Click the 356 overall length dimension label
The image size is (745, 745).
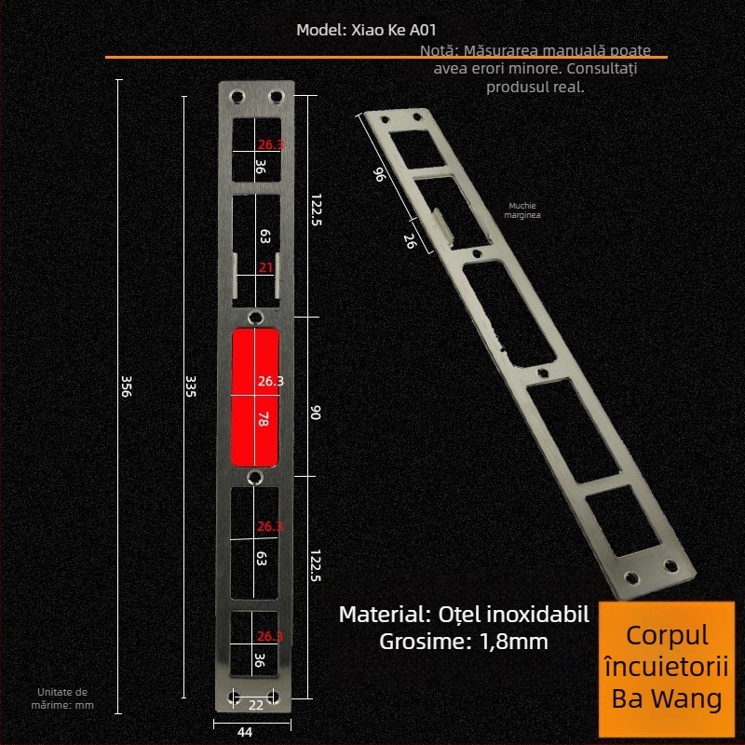pos(127,387)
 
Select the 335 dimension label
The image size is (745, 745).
pos(192,387)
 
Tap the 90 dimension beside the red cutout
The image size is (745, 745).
pos(315,412)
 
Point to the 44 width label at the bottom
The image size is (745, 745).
pos(245,732)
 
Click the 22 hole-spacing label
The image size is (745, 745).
pos(256,705)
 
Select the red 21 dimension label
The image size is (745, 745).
pos(266,268)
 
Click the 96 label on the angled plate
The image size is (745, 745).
pos(379,174)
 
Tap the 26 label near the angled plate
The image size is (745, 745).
pos(410,240)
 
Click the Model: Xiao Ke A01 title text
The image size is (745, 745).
pos(365,29)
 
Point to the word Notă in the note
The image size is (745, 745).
pos(439,50)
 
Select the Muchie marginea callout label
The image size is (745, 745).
pos(523,210)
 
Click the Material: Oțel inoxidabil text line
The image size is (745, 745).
pos(464,615)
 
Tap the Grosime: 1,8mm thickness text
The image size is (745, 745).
pos(464,641)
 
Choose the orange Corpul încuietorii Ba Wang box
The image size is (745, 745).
pos(667,667)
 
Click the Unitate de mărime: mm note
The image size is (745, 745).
pos(62,698)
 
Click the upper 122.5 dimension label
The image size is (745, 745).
pos(315,210)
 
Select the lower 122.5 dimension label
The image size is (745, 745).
pos(315,566)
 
